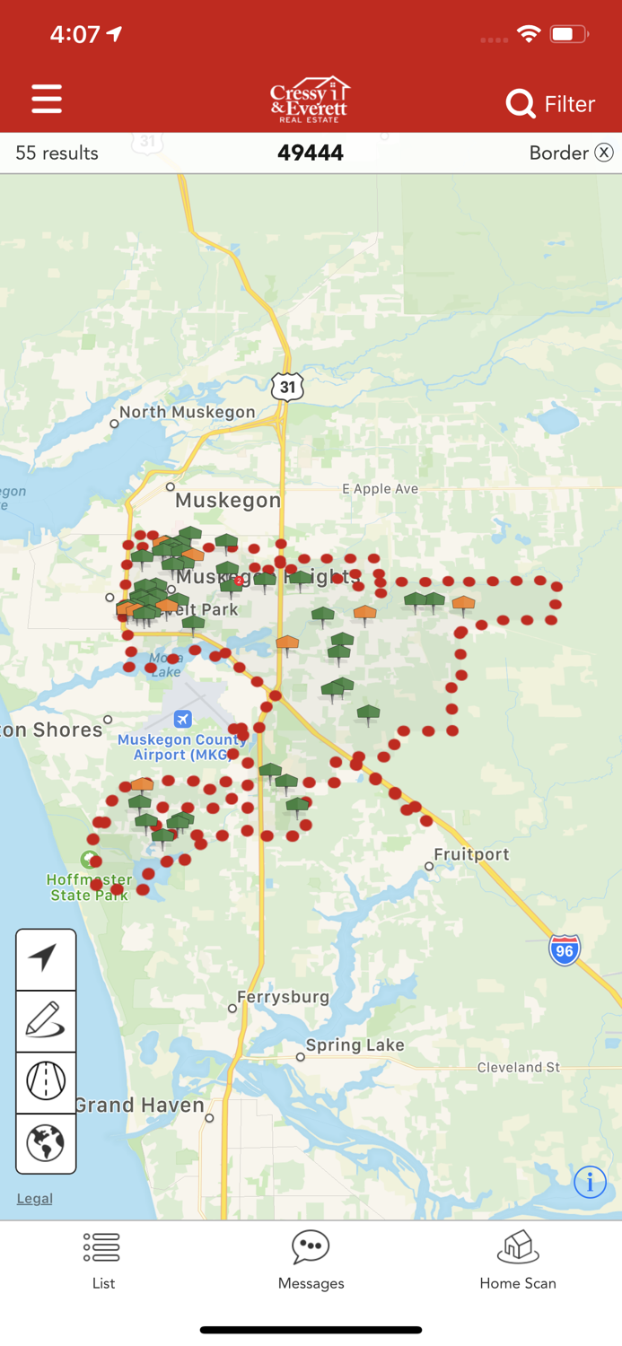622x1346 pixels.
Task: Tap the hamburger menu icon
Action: point(47,99)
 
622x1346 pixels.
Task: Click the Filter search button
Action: point(549,104)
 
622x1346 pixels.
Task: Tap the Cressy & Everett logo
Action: point(311,100)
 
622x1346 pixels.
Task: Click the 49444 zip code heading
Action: point(311,153)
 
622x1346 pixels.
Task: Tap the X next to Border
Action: point(604,153)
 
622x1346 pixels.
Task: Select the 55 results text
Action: point(57,153)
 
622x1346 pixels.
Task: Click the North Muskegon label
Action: point(187,413)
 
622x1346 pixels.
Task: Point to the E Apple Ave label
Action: point(380,489)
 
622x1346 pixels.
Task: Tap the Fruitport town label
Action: point(471,854)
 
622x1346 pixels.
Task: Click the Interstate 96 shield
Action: point(565,949)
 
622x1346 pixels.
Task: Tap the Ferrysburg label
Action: point(283,997)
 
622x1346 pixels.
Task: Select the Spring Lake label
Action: point(355,1045)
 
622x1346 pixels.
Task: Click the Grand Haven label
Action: point(140,1106)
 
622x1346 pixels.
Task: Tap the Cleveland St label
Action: point(518,1068)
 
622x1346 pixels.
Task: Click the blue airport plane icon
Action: point(183,719)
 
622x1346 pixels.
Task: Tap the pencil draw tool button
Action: point(46,1021)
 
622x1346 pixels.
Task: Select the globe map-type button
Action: point(46,1143)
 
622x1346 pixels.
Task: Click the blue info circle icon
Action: point(590,1182)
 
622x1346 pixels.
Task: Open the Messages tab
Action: point(311,1260)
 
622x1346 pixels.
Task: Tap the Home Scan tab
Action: point(517,1260)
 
